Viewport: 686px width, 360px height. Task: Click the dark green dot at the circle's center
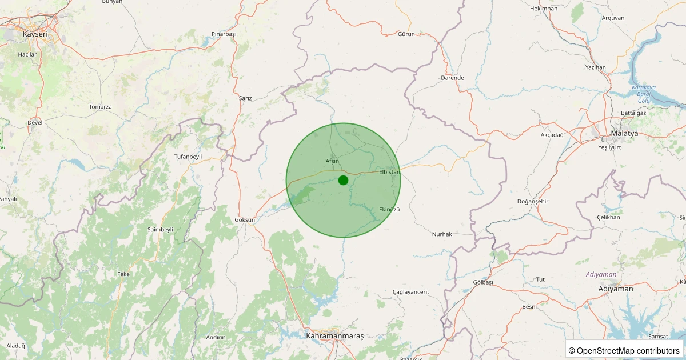coord(343,180)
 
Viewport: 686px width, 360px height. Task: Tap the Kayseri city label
coord(35,34)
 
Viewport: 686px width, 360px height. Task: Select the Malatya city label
coord(624,133)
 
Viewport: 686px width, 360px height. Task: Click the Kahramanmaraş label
coord(334,336)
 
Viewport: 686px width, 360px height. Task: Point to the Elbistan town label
coord(389,171)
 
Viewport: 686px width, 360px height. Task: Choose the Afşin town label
coord(332,161)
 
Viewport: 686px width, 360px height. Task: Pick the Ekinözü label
coord(389,209)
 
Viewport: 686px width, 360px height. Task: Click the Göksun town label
coord(245,219)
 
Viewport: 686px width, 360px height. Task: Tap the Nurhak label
coord(442,234)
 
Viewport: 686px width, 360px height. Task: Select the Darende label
coord(453,78)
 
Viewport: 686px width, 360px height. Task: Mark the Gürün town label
coord(406,34)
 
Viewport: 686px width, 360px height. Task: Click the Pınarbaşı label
coord(224,34)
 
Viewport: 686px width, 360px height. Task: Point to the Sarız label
coord(245,98)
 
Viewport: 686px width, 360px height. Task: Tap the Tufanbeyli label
coord(188,156)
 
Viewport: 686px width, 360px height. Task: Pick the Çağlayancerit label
coord(410,292)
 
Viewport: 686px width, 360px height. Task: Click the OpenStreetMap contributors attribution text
coord(624,350)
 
